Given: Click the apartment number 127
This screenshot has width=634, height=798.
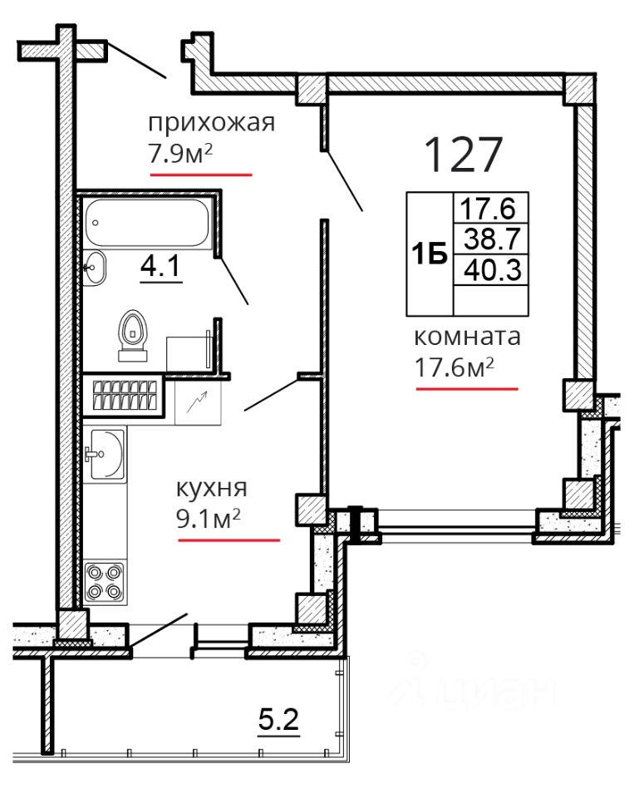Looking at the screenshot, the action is (463, 155).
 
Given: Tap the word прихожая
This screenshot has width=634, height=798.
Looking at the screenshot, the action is (212, 123).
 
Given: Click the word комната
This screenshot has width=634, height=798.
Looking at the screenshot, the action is (468, 337).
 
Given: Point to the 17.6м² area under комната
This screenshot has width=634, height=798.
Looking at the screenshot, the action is (455, 367).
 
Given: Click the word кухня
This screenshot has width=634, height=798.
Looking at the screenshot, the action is (212, 489).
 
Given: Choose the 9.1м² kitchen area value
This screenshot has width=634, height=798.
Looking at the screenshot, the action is (209, 519).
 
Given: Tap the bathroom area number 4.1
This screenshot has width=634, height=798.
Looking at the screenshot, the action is (161, 266).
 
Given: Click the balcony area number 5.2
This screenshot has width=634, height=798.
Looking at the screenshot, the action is (278, 720).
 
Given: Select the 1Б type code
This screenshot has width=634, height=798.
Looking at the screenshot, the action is (430, 254).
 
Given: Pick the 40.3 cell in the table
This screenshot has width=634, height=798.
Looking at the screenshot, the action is (493, 269).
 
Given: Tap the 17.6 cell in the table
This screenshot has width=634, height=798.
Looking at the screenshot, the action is (488, 208).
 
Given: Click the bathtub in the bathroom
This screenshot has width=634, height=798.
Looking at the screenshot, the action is (146, 223).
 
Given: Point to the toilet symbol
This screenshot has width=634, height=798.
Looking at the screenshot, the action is (133, 335).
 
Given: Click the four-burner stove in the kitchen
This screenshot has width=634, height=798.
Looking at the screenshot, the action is (105, 582).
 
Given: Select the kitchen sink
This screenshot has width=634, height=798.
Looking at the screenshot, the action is (106, 454).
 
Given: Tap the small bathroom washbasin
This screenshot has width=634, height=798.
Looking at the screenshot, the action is (94, 267).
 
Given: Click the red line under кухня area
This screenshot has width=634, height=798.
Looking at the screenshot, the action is (229, 539).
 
